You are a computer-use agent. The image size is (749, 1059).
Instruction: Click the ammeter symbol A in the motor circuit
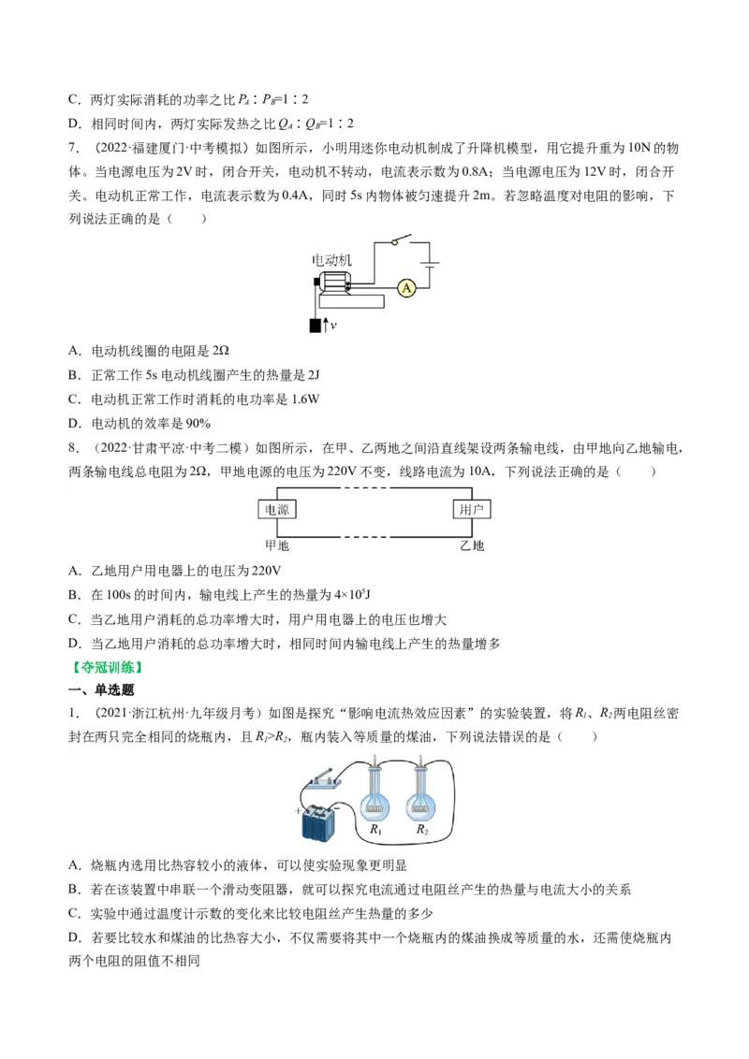406,288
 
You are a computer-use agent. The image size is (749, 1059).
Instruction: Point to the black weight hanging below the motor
315,325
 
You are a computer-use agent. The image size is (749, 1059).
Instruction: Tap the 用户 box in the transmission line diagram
471,510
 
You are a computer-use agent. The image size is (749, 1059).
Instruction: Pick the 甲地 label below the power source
277,545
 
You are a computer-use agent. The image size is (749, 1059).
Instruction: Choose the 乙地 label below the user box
471,545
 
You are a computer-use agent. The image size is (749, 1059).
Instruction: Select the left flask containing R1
376,797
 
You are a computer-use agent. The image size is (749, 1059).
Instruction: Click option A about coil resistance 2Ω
150,350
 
